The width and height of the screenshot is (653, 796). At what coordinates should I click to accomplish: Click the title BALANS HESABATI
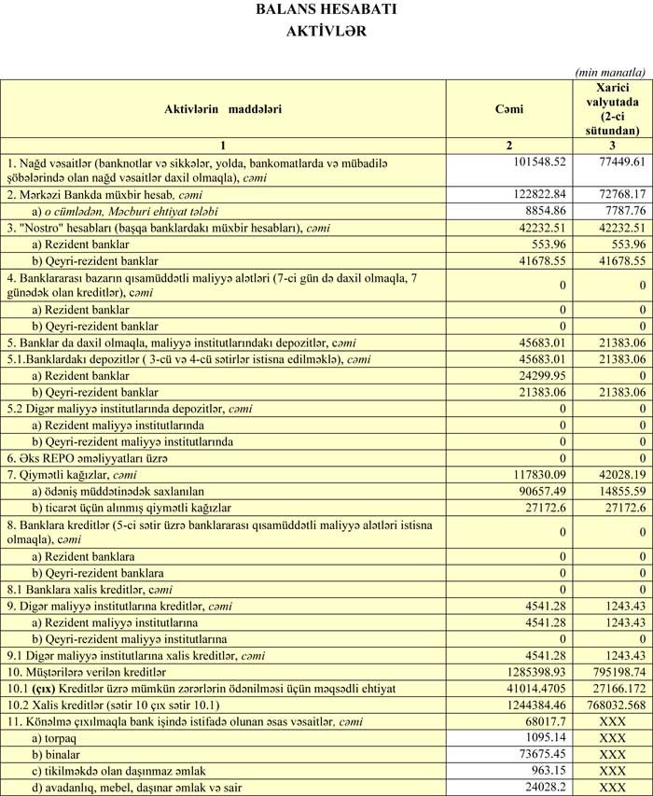click(x=326, y=10)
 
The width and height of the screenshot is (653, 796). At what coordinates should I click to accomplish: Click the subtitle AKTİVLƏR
click(x=326, y=30)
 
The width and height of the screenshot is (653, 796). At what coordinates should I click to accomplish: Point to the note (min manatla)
click(x=610, y=71)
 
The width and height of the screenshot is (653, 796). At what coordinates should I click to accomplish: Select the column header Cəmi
click(x=508, y=109)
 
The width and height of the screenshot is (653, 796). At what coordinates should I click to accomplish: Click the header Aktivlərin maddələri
click(x=223, y=109)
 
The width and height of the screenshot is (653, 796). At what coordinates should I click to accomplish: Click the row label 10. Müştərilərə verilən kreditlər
click(x=87, y=645)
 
